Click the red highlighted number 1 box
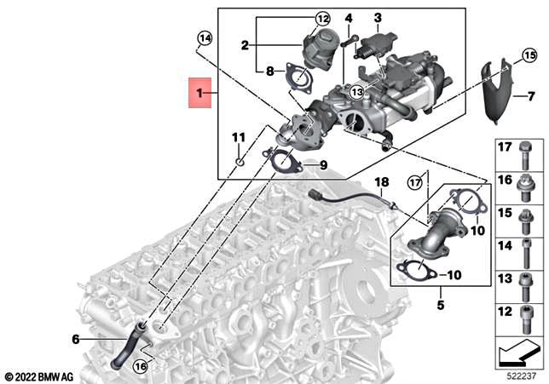202,92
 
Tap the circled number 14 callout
203,37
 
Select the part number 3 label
378,16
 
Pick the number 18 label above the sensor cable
381,182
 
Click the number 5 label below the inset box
441,304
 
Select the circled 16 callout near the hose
141,367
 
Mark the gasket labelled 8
298,77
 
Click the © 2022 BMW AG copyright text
40,375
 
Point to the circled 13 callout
355,91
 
